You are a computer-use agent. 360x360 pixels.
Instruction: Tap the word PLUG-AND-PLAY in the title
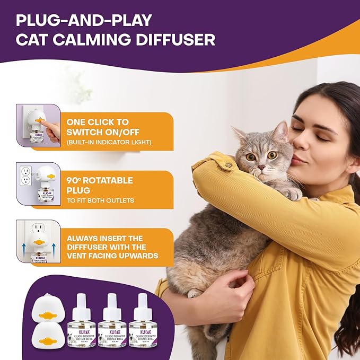[84, 20]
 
